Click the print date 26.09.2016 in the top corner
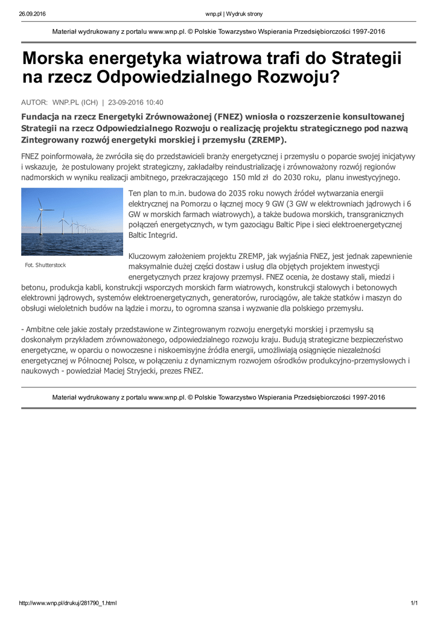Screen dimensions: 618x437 click(x=33, y=13)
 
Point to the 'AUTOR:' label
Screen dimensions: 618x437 click(x=34, y=103)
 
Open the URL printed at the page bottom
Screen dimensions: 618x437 click(x=68, y=603)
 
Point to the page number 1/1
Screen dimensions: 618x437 click(x=414, y=603)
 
